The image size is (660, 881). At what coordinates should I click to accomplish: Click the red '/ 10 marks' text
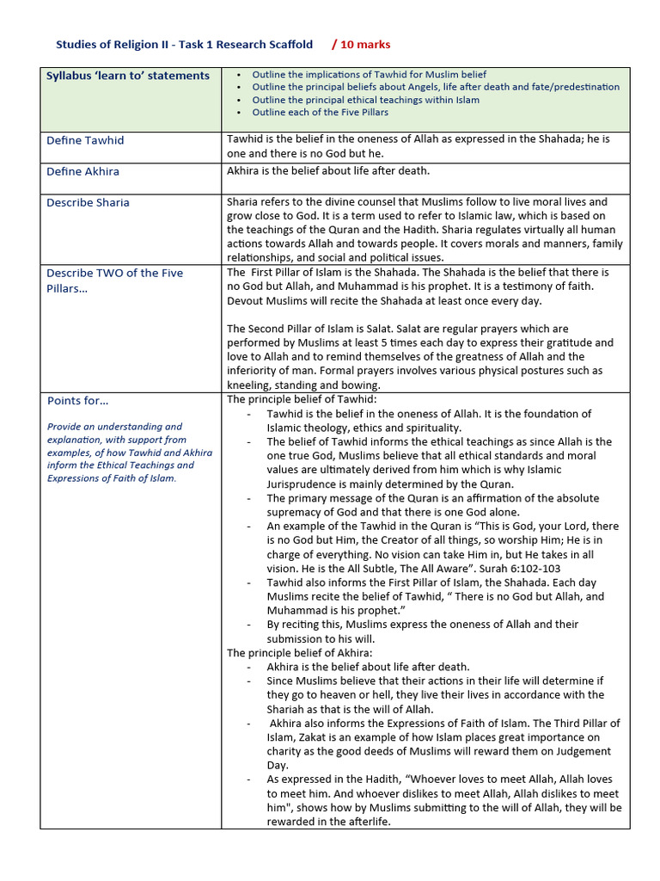tap(360, 44)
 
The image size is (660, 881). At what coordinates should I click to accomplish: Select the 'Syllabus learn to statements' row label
tap(127, 76)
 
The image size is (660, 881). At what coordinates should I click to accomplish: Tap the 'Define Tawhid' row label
tap(85, 140)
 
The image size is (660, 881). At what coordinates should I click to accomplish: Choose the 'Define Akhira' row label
tap(82, 171)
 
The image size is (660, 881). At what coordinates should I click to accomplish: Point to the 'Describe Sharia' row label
tap(88, 202)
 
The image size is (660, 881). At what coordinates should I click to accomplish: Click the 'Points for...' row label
tap(77, 400)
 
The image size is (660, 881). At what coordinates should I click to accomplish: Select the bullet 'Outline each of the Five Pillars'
tap(320, 112)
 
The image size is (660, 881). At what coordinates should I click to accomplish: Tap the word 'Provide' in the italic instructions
tap(66, 426)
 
